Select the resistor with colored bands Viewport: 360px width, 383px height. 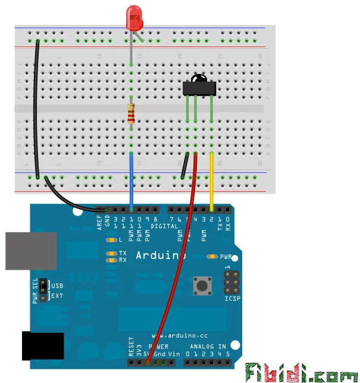click(131, 113)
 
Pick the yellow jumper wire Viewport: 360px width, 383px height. click(212, 182)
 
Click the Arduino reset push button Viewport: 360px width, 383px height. click(203, 287)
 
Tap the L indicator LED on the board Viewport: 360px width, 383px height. click(111, 241)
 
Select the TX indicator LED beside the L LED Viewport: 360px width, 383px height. click(111, 253)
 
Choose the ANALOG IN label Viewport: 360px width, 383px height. click(208, 347)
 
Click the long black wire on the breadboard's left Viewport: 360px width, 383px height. click(36, 107)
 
